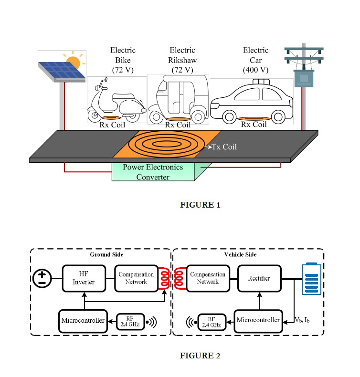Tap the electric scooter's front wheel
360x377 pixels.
click(x=95, y=115)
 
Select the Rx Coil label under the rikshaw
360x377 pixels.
click(x=178, y=125)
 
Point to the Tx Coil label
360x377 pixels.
click(x=224, y=147)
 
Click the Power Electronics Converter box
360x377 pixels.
click(x=153, y=172)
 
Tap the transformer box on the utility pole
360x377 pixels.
click(x=304, y=78)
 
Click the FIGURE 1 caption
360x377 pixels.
click(x=200, y=205)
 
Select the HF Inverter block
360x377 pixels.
click(x=84, y=278)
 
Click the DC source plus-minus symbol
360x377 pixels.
click(x=42, y=278)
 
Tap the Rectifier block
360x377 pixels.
click(x=259, y=278)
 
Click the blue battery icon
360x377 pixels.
click(x=312, y=279)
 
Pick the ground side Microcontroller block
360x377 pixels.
click(x=83, y=321)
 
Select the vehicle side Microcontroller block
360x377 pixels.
click(x=258, y=321)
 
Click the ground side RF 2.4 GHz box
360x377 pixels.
click(x=130, y=322)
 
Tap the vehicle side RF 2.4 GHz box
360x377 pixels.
click(x=212, y=322)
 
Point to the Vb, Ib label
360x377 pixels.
click(x=302, y=320)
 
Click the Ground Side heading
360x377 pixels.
click(x=106, y=255)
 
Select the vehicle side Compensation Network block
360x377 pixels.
click(x=208, y=278)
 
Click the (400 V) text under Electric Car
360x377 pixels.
click(x=255, y=70)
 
